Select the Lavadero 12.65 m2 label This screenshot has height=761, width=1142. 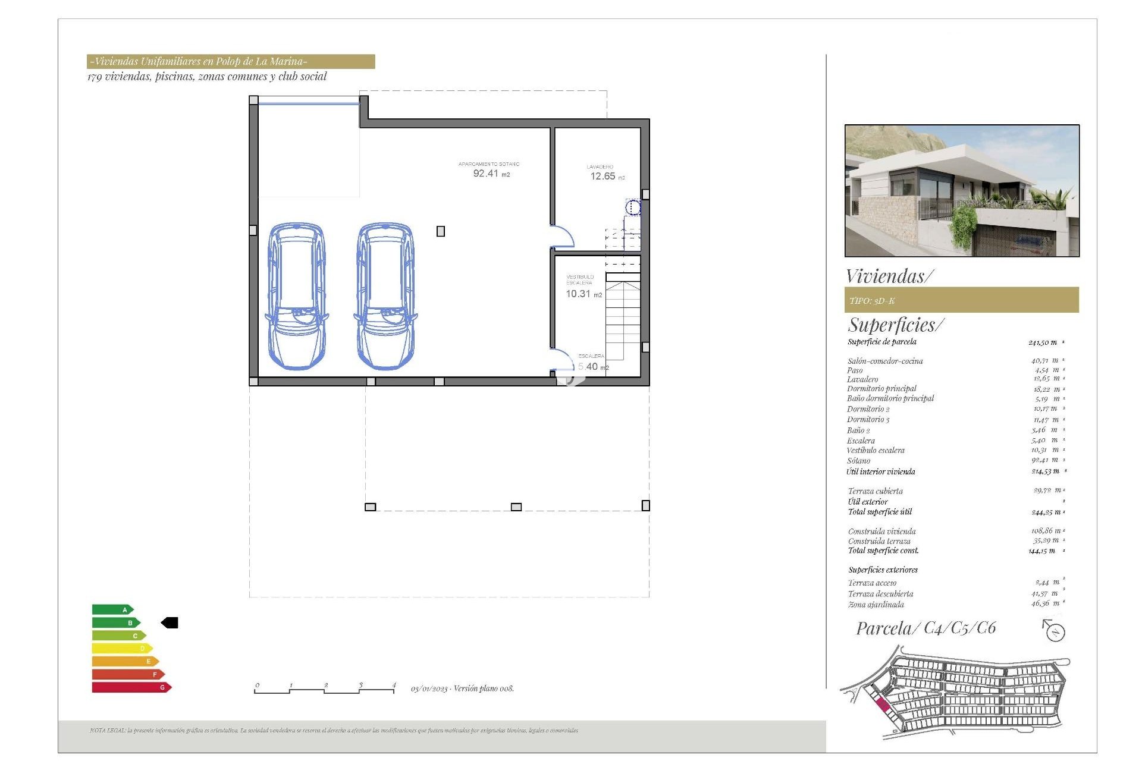603,175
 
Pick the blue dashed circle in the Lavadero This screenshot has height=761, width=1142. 633,207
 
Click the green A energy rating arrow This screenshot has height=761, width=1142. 112,609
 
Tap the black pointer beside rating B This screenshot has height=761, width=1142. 170,622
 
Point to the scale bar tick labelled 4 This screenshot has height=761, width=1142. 394,685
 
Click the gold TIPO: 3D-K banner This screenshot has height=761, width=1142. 961,300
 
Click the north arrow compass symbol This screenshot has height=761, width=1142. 1054,631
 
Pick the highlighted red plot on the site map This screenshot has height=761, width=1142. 883,705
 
